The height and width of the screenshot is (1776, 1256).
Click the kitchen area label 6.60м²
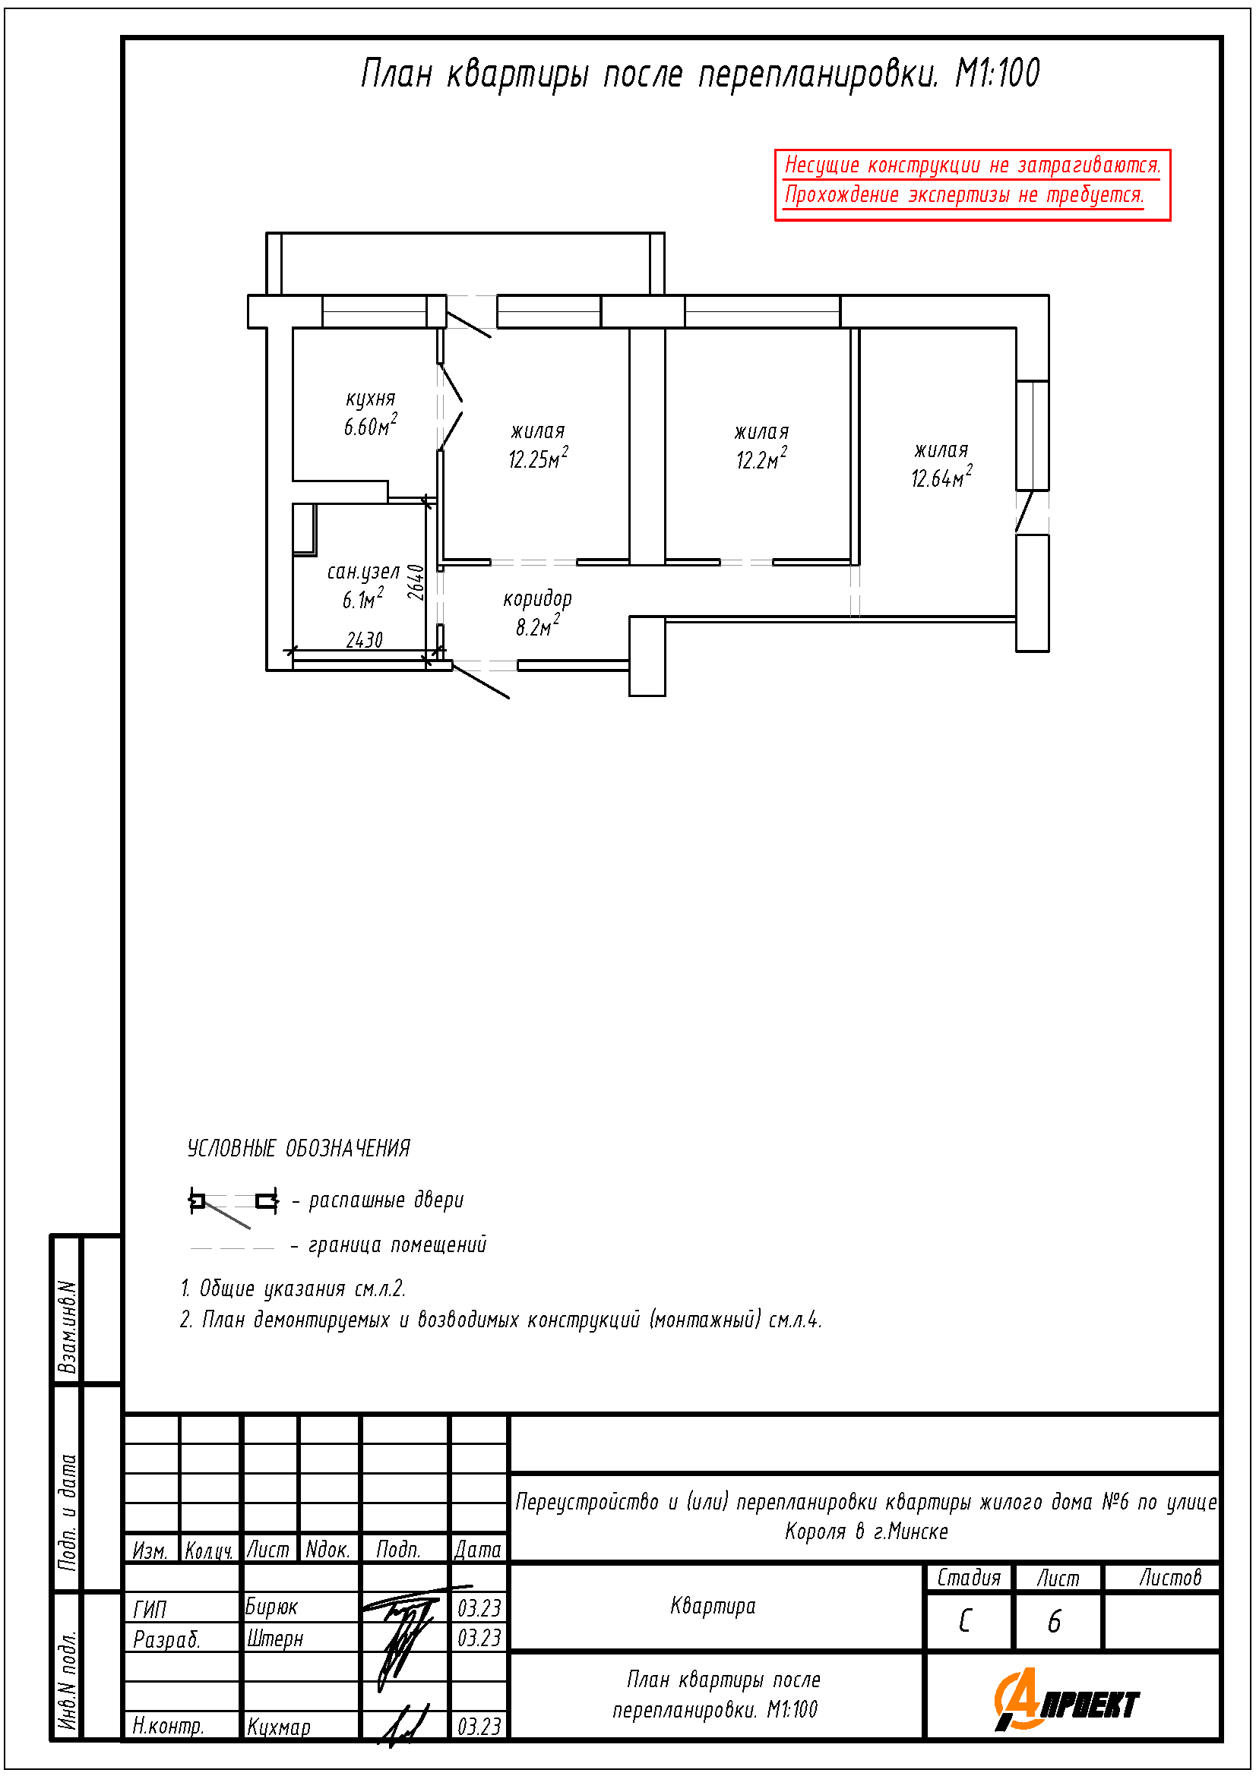pyautogui.click(x=371, y=424)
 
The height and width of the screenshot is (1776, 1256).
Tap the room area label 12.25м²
pyautogui.click(x=538, y=458)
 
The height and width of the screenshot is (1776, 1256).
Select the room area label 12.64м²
pyautogui.click(x=941, y=477)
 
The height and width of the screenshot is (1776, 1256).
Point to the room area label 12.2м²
pyautogui.click(x=761, y=459)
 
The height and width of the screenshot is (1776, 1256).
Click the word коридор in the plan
pyautogui.click(x=537, y=598)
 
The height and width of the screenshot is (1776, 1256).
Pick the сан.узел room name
pyautogui.click(x=363, y=572)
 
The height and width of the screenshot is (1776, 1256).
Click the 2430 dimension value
pyautogui.click(x=365, y=639)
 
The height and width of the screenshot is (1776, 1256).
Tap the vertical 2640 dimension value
pyautogui.click(x=416, y=582)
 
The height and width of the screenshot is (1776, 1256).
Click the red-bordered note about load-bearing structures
pyautogui.click(x=972, y=185)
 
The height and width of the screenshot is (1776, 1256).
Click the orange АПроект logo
pyautogui.click(x=1066, y=1699)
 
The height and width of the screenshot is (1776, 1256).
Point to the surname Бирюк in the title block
pyautogui.click(x=270, y=1607)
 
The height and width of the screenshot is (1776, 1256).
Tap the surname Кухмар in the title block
pyautogui.click(x=279, y=1726)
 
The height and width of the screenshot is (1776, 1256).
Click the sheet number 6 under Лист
pyautogui.click(x=1054, y=1621)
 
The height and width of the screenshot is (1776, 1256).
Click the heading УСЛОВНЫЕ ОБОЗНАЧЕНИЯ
pyautogui.click(x=299, y=1148)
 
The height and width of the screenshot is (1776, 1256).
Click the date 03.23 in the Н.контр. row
pyautogui.click(x=479, y=1726)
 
